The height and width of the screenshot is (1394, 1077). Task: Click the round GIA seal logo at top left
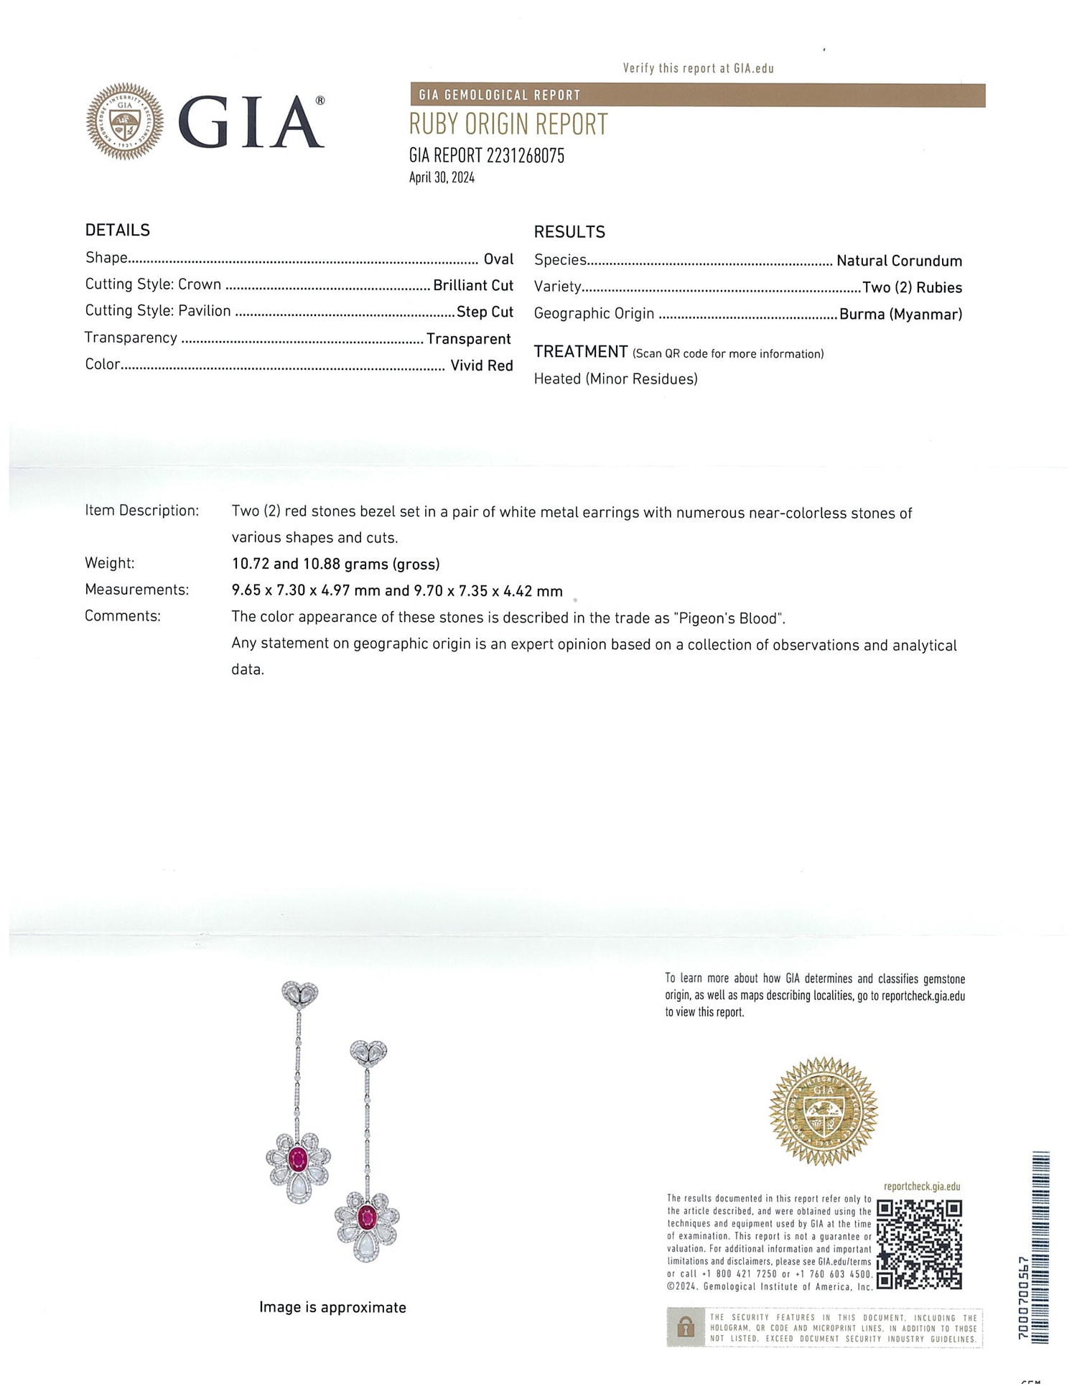125,121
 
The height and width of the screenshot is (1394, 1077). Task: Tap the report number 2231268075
526,156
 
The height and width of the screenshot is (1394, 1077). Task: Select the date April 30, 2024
442,178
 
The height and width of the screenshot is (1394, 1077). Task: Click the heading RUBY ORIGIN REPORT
508,125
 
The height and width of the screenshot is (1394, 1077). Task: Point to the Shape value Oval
498,259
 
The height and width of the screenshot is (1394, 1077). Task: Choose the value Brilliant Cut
473,286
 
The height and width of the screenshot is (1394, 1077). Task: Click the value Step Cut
485,312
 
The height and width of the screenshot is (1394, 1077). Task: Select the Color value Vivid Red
482,366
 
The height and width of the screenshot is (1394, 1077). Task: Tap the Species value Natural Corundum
899,261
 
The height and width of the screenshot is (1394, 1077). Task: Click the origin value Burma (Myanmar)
900,314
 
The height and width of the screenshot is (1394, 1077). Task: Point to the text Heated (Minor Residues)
615,379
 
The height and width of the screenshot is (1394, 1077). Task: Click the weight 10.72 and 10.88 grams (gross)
335,564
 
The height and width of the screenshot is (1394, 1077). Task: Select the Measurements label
136,590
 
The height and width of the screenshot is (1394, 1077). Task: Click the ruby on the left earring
297,1158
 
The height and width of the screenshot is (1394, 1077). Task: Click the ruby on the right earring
367,1217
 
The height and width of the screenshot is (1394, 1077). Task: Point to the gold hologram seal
824,1112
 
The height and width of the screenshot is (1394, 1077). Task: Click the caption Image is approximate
332,1307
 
